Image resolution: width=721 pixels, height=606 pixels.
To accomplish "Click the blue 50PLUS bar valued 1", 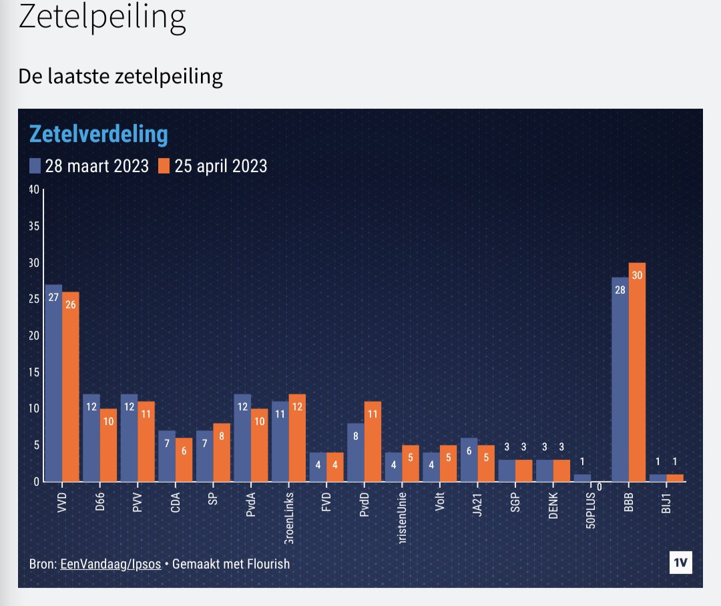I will pyautogui.click(x=583, y=478).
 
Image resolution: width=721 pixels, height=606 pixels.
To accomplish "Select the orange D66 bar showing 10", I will pyautogui.click(x=109, y=444).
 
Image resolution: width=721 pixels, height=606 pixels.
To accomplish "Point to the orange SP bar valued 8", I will pyautogui.click(x=222, y=452).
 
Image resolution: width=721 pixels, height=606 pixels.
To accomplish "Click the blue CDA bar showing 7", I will pyautogui.click(x=167, y=456).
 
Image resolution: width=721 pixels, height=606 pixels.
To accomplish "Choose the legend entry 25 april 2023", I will pyautogui.click(x=213, y=166).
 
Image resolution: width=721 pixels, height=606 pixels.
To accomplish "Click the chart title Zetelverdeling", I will pyautogui.click(x=98, y=134).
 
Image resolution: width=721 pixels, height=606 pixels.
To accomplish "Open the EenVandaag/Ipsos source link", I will pyautogui.click(x=110, y=564).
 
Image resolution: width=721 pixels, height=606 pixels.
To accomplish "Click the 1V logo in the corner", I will pyautogui.click(x=680, y=563).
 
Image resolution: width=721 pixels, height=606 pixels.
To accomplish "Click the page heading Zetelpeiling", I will pyautogui.click(x=101, y=18).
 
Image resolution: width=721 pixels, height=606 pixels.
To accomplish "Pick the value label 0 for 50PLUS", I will pyautogui.click(x=600, y=487).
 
